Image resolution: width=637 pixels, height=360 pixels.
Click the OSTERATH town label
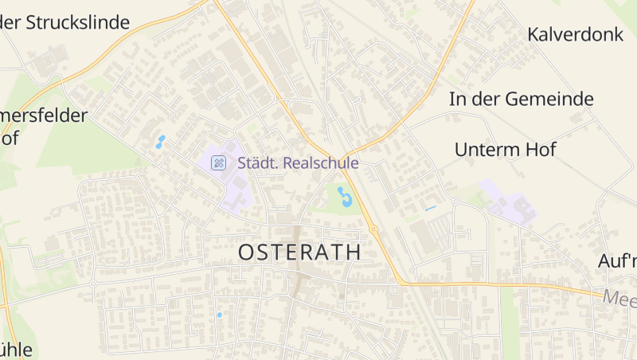(x=299, y=252)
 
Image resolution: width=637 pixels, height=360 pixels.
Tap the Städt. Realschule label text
(x=298, y=162)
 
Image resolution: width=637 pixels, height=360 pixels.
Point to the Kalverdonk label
(x=573, y=34)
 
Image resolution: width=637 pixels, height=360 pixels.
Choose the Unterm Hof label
(x=505, y=149)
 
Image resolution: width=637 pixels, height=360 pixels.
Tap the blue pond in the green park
(x=345, y=196)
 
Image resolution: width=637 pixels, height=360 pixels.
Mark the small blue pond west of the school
(x=160, y=142)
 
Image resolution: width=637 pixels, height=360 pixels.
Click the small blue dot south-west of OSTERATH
(x=220, y=315)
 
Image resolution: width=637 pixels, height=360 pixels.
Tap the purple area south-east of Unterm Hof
(x=510, y=204)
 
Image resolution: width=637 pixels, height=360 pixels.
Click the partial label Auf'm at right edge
(x=618, y=260)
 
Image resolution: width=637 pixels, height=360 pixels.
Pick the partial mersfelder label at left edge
(x=44, y=115)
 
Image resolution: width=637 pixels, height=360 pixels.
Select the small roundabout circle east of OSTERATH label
(x=373, y=229)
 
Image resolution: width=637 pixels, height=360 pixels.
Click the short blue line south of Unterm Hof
(x=431, y=209)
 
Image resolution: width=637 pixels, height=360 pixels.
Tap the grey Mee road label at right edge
(x=619, y=299)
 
